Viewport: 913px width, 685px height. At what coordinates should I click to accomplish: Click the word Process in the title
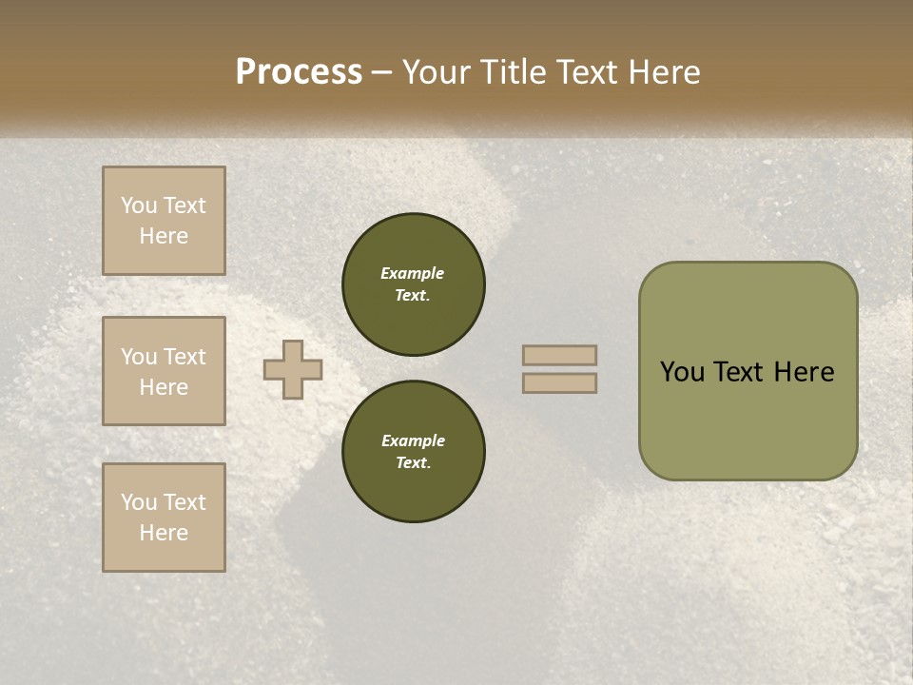click(299, 72)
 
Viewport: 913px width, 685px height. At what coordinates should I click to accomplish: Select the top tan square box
click(164, 221)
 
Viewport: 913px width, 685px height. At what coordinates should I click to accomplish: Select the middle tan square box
click(164, 371)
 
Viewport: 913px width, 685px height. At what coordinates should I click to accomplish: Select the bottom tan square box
click(164, 518)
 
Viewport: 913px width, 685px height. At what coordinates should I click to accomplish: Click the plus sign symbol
click(293, 369)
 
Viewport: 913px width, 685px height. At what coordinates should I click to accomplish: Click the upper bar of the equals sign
click(559, 355)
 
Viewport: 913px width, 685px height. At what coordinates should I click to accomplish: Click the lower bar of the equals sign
click(559, 382)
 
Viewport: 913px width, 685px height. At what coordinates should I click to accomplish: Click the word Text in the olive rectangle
click(740, 372)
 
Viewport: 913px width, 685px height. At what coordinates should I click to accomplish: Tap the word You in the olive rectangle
click(683, 372)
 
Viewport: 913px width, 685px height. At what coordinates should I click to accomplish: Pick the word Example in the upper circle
click(413, 273)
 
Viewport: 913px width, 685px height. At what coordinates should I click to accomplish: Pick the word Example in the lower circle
click(413, 440)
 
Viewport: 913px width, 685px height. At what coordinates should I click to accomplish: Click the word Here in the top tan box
click(164, 236)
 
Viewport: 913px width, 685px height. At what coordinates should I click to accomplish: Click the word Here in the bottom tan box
click(164, 533)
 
